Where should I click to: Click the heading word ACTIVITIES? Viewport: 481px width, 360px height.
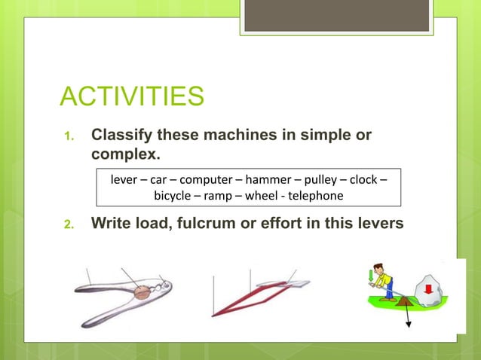132,96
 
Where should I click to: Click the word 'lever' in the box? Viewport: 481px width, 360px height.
124,180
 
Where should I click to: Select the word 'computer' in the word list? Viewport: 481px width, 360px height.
206,180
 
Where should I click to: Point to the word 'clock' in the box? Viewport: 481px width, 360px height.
370,180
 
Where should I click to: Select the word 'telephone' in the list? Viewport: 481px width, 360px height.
314,196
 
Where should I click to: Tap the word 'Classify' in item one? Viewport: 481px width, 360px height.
121,135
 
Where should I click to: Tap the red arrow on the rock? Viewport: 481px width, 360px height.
430,287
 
